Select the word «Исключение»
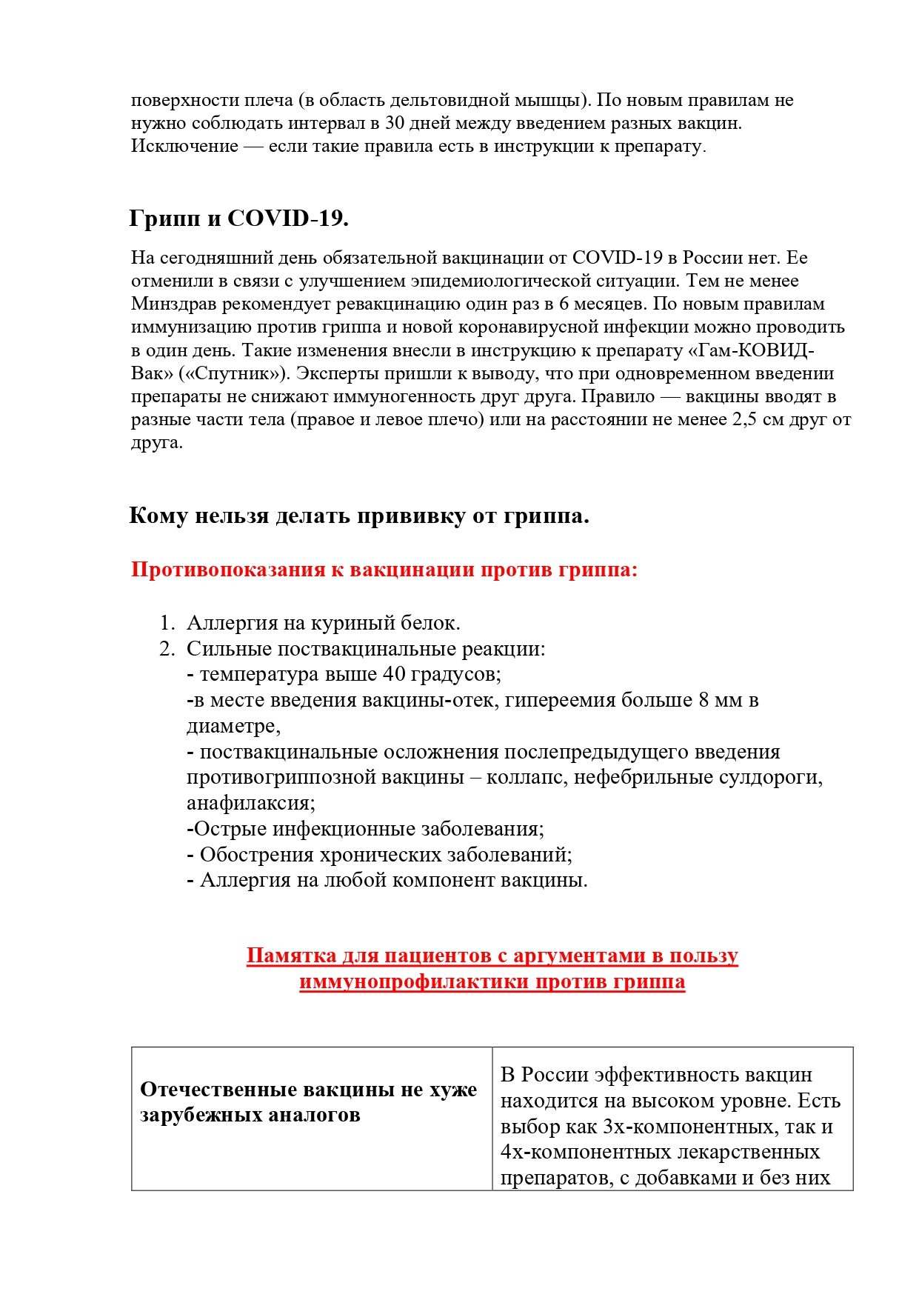[x=184, y=146]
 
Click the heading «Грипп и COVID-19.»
[x=238, y=219]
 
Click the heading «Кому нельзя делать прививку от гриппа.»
[x=359, y=516]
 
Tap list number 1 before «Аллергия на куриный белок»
[x=166, y=623]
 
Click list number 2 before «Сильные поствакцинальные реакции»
[x=166, y=649]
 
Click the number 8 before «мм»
[x=704, y=700]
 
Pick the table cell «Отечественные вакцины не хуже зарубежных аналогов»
[x=311, y=1102]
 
